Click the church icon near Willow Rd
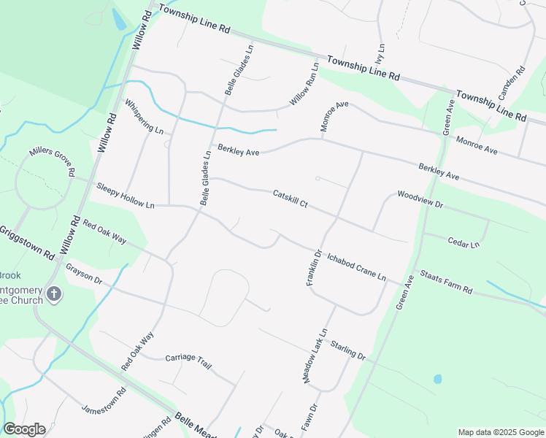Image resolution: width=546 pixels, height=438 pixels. [x=53, y=295]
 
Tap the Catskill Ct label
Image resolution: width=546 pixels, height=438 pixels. [x=290, y=199]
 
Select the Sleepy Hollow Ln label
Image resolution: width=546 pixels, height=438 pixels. [x=125, y=196]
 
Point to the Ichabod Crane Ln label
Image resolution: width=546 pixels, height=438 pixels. [x=355, y=267]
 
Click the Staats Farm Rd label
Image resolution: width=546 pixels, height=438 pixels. [x=446, y=283]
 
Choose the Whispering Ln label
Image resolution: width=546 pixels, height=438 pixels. [x=144, y=117]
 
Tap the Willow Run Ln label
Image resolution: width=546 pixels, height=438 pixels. [x=304, y=84]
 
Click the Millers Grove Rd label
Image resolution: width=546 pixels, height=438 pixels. [x=53, y=162]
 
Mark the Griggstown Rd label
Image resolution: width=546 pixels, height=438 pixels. [x=27, y=244]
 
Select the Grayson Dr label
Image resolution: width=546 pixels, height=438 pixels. [x=83, y=274]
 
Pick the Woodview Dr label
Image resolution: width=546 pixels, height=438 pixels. [x=420, y=200]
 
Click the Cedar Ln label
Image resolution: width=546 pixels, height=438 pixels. [x=464, y=242]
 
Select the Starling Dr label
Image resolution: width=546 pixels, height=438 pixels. [x=347, y=350]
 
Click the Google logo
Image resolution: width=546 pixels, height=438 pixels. [x=24, y=429]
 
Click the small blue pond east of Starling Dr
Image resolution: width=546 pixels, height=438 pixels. [x=437, y=379]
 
